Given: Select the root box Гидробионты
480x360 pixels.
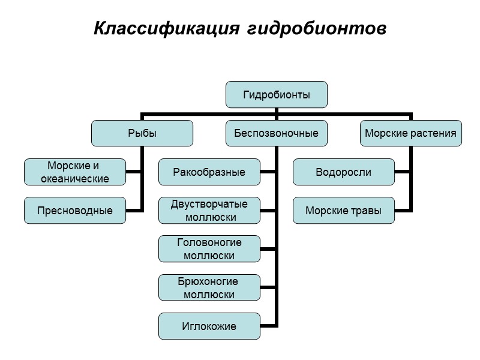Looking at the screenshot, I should coord(277,94).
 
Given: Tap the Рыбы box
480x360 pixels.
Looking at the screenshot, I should coord(142,133).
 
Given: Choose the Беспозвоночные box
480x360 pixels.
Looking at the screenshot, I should coord(277,133).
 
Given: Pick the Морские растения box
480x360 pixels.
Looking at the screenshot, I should coord(411,133).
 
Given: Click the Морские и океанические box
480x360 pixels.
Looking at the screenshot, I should coord(75,172).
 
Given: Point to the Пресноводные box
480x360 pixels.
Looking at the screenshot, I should coord(75,211).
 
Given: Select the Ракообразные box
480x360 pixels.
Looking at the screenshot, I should coord(209,172).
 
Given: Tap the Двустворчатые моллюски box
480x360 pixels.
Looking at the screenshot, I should coord(209,211).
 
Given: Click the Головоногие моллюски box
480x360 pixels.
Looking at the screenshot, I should coord(209,249).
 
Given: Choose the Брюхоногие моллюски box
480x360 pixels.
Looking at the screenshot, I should coord(209,288).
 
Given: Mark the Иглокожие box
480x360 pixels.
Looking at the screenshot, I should coord(209,326).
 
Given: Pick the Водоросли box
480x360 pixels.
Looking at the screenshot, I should coord(344,172).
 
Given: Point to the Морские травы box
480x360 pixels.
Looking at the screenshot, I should coord(344,211).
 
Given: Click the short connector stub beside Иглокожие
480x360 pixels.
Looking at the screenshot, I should coord(268,326).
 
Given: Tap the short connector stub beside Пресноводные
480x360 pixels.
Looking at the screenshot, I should coord(134,211).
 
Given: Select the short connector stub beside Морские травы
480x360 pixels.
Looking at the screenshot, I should coord(403,211).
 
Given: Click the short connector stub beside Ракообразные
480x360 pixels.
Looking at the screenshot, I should coord(268,172).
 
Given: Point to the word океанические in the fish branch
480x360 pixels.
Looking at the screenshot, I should coord(75,178).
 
